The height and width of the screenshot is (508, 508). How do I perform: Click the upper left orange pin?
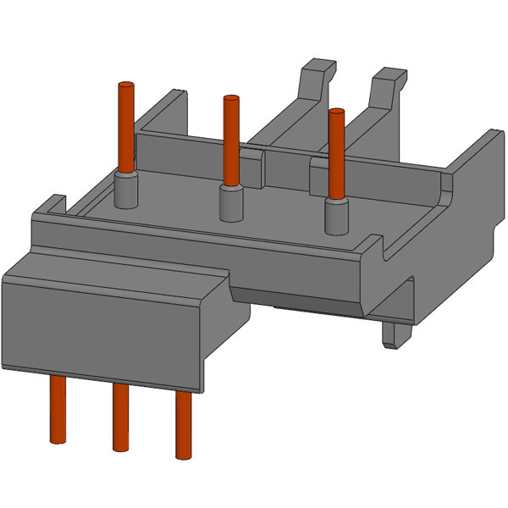point(126,127)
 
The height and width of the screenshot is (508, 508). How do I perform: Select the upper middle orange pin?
point(229,140)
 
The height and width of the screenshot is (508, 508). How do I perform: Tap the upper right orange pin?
point(336,152)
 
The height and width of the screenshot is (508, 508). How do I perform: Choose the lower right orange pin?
point(183,423)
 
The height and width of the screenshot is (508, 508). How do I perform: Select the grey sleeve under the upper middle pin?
point(229,202)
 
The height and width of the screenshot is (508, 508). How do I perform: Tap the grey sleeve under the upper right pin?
point(337,215)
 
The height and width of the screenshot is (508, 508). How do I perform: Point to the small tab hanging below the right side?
point(393,332)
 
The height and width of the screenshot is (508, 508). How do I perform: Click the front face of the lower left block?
point(102,334)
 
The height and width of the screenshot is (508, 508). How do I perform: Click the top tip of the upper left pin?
point(126,86)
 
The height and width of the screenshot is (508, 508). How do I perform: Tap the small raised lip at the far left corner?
point(54,204)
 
